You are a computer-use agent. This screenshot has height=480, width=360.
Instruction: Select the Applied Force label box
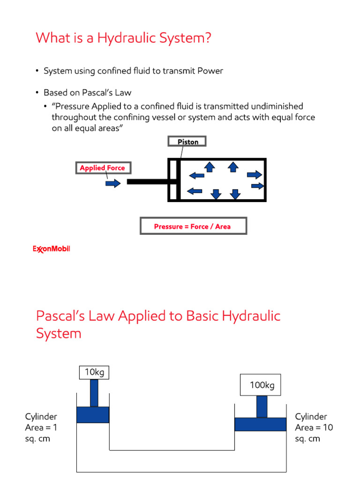103,168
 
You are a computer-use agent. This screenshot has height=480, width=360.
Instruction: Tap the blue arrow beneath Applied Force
113,183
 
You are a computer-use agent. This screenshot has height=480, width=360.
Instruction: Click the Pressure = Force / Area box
193,226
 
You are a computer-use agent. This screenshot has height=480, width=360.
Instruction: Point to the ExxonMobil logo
51,249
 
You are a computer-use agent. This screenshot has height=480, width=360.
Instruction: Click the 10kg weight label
94,373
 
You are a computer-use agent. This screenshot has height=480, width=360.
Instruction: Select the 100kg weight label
262,386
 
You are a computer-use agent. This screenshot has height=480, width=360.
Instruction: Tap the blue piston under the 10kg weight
93,414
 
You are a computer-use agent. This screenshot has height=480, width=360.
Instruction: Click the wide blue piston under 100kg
260,424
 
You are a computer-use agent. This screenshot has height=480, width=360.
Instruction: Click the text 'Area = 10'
314,427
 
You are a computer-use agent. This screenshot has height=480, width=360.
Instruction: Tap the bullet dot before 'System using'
37,71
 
